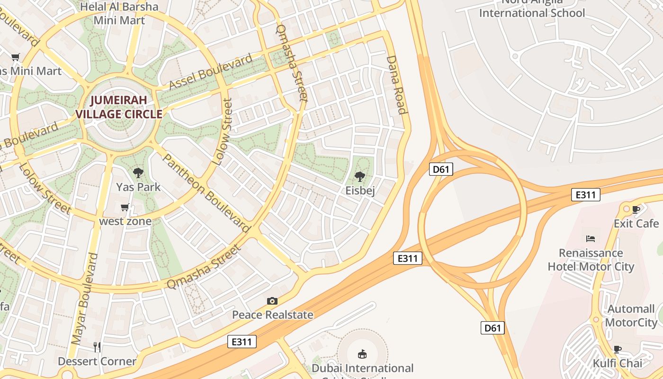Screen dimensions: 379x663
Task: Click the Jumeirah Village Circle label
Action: (x=119, y=107)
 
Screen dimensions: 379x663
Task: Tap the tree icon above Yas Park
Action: (x=138, y=173)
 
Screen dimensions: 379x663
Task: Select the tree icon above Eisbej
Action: (x=360, y=177)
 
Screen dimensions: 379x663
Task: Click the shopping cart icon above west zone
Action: (x=125, y=208)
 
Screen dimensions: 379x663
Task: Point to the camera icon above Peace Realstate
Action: (x=272, y=301)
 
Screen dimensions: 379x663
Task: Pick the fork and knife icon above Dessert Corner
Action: (x=97, y=347)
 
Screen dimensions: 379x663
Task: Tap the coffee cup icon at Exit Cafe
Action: (x=636, y=209)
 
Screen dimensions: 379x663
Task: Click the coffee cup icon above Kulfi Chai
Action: (x=618, y=350)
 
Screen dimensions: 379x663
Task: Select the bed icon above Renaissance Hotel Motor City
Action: (x=591, y=238)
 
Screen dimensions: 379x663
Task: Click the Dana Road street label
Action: (x=397, y=85)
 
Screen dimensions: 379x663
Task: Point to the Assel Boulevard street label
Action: (x=211, y=72)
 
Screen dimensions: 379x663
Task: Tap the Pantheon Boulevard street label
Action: (x=206, y=193)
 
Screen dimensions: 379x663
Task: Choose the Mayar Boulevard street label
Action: (x=85, y=298)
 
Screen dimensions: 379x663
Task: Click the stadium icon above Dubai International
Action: (x=362, y=354)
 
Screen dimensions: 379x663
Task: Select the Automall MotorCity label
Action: (x=631, y=316)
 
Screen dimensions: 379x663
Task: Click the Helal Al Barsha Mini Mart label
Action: (x=119, y=13)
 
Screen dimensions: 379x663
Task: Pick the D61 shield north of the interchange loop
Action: (x=441, y=169)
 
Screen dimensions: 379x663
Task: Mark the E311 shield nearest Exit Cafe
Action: (x=586, y=194)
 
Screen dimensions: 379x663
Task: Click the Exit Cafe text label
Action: (x=636, y=223)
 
